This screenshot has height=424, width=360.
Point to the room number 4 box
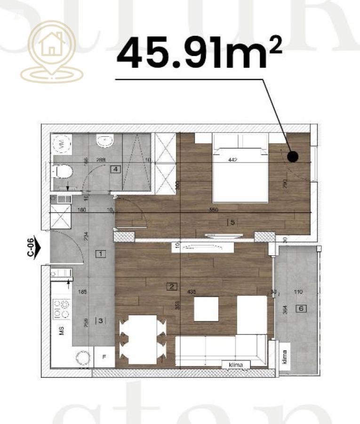(114, 169)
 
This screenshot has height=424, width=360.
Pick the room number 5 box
(230, 222)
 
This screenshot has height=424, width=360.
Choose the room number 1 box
(100, 254)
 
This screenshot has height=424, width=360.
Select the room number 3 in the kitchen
(100, 321)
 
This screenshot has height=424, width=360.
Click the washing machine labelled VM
(61, 145)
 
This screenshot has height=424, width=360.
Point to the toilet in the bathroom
(61, 171)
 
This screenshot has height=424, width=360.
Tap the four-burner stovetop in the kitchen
(61, 309)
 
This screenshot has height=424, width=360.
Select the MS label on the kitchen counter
(61, 331)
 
